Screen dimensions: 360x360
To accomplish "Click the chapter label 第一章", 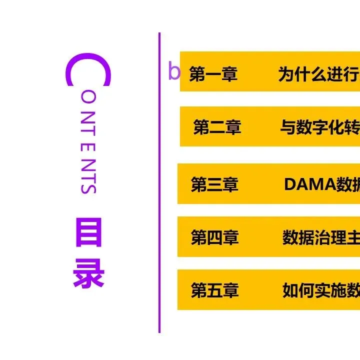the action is [213, 74].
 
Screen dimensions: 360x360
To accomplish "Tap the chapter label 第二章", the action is [217, 128].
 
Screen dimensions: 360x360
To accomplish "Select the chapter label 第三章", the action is [214, 184].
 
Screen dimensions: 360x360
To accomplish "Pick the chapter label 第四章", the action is [214, 237].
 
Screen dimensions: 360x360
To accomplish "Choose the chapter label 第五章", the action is [214, 290].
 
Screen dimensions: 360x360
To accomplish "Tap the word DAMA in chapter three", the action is [303, 184].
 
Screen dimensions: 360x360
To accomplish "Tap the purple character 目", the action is [88, 232].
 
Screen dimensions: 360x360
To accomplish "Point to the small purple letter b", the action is [173, 72].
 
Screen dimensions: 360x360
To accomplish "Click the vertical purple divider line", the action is [159, 200].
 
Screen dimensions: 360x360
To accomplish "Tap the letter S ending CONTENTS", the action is [88, 187].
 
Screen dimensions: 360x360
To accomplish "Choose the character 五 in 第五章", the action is [214, 290].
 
